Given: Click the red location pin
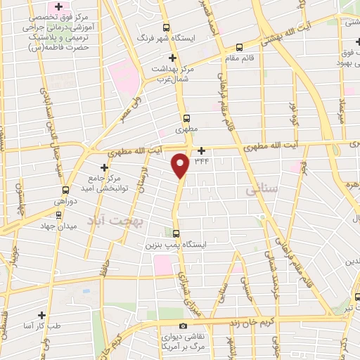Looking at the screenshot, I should point(181,165).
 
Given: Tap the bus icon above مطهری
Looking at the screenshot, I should point(186,118).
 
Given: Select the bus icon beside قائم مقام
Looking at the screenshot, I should point(240,48).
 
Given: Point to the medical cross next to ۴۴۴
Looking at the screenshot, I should point(202,150).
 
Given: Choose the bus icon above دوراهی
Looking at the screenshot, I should point(65,190).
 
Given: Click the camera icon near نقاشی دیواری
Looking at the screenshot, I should point(183,326).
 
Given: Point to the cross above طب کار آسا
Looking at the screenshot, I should point(41,316).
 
